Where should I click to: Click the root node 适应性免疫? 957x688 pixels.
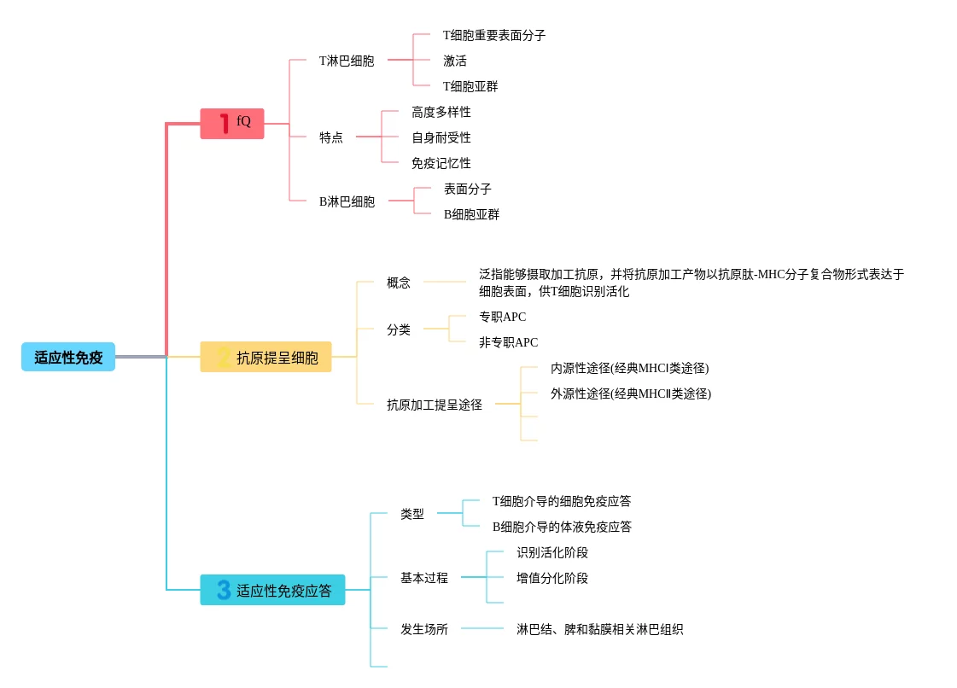(x=68, y=357)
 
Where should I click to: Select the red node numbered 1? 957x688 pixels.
(x=232, y=123)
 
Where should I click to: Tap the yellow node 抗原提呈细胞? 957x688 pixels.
(x=266, y=357)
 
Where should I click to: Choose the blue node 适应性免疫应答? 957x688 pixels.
(x=272, y=590)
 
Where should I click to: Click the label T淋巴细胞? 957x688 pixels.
(x=346, y=61)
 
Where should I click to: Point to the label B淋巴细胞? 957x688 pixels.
(x=347, y=202)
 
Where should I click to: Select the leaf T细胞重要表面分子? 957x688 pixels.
(x=493, y=36)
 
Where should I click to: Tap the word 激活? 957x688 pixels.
(x=454, y=61)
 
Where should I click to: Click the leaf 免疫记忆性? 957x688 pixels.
(x=441, y=163)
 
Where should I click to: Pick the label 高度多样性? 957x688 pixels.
(x=441, y=112)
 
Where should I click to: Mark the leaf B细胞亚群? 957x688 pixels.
(x=471, y=214)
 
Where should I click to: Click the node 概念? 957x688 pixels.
(x=398, y=283)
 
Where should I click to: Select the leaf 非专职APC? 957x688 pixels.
(x=508, y=342)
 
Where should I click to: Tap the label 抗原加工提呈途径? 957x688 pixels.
(x=434, y=405)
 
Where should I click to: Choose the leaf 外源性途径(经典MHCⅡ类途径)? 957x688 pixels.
(x=630, y=394)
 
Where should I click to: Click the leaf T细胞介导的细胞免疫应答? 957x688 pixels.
(x=561, y=501)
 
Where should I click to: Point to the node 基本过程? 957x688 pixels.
(x=423, y=578)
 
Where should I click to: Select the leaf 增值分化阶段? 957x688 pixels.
(x=551, y=578)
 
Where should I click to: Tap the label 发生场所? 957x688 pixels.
(x=423, y=629)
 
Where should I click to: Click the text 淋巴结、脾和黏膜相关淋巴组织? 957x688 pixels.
(x=599, y=629)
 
